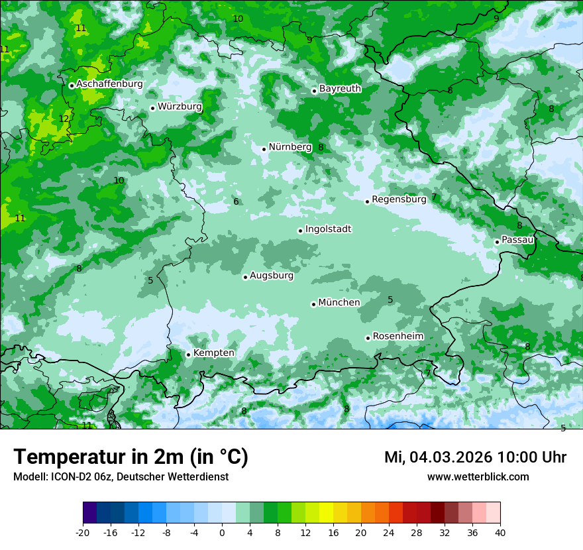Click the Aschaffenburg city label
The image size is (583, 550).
[x=109, y=84]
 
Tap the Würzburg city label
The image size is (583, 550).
[x=180, y=107]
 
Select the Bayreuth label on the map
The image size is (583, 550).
[x=340, y=89]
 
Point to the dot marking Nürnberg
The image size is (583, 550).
[x=264, y=149]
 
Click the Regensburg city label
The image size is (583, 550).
[x=399, y=199]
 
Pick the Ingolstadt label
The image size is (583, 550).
[x=328, y=229]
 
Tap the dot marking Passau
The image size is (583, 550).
[x=497, y=242]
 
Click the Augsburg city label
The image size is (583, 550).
[x=271, y=276]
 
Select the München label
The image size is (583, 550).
[x=339, y=303]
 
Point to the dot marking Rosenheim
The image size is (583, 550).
[x=368, y=338]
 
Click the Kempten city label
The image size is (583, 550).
[x=213, y=353]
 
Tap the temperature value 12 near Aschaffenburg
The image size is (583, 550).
[x=64, y=119]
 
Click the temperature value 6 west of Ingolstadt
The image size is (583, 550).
[x=236, y=201]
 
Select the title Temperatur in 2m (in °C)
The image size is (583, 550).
[x=131, y=457]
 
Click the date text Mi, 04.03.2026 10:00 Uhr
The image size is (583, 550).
[x=475, y=457]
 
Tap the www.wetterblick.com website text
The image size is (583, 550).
[x=478, y=476]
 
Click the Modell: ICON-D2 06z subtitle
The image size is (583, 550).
[x=121, y=476]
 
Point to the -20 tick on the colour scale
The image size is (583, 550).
[x=83, y=532]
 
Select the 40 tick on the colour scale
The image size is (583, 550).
[x=500, y=532]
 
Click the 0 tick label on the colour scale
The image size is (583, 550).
[x=222, y=532]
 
